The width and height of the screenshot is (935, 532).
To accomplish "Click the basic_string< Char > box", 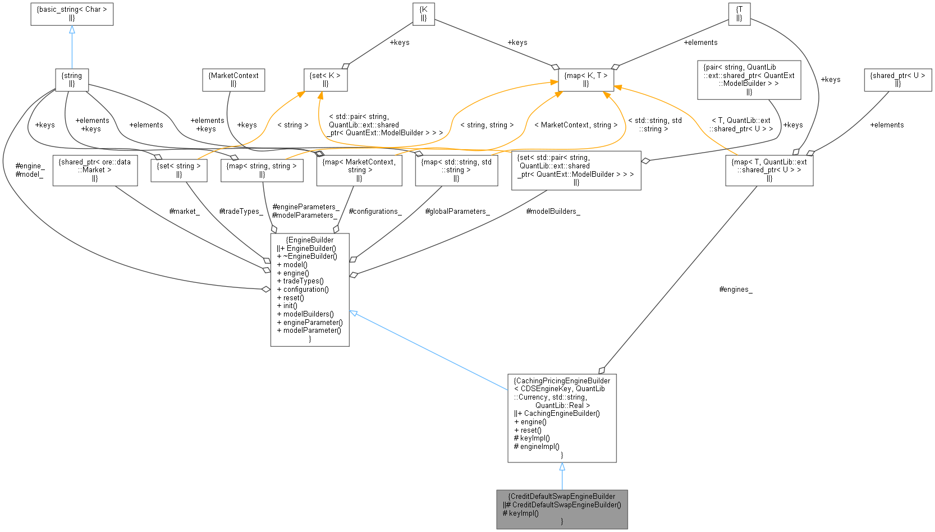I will click(x=72, y=13).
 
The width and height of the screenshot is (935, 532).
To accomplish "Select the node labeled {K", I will click(x=424, y=13).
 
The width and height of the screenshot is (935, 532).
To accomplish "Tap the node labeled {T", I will click(x=739, y=13).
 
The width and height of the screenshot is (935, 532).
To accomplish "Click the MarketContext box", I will click(x=233, y=80).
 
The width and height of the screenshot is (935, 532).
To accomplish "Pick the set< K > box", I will click(x=326, y=80).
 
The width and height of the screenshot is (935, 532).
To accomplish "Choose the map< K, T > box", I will click(x=586, y=80).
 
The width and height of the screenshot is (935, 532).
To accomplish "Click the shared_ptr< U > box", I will click(x=897, y=80).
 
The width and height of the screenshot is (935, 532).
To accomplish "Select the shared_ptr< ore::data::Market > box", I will click(x=95, y=170).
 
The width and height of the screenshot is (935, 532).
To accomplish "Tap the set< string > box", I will click(x=179, y=170).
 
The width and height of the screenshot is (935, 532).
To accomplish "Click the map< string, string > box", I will click(x=262, y=170).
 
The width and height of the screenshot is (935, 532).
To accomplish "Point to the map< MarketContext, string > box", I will click(x=359, y=170).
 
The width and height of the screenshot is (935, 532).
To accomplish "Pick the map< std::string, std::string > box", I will click(x=456, y=170).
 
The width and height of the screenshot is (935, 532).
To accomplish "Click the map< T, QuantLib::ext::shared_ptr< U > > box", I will click(x=769, y=170).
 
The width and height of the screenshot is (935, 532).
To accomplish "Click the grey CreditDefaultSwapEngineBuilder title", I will click(x=562, y=496).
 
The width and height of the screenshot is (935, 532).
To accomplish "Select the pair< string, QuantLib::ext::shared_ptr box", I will click(x=749, y=80).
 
